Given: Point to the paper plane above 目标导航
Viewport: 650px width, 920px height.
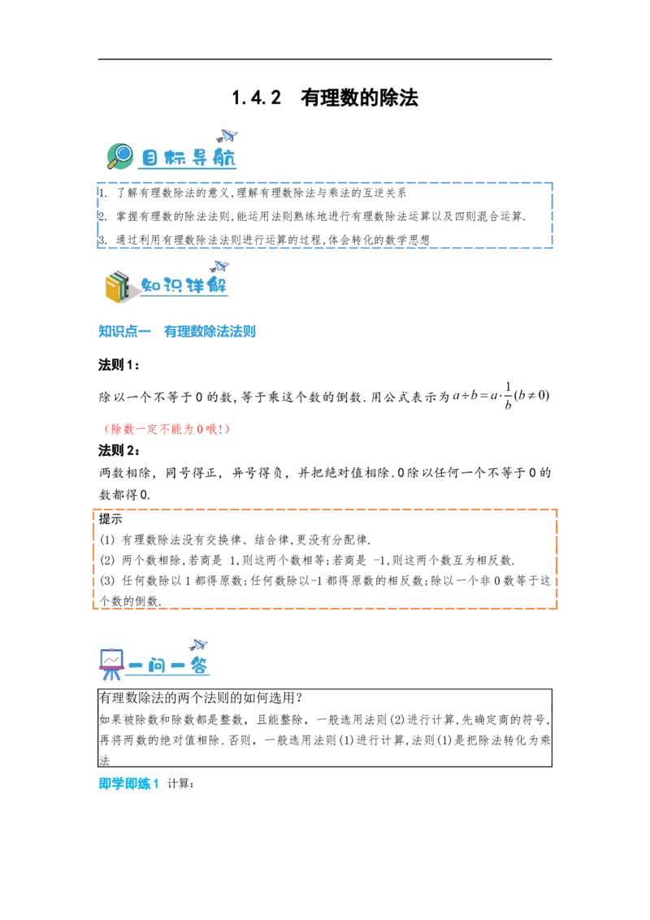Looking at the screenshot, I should [x=227, y=136].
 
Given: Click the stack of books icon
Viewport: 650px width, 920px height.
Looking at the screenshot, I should [x=119, y=286].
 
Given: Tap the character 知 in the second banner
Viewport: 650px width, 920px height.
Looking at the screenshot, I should [x=151, y=286].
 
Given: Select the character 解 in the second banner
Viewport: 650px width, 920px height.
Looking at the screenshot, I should [x=219, y=286].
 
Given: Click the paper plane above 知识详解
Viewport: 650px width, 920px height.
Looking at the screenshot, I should [x=219, y=266].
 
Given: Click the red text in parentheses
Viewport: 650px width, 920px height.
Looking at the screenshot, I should [x=168, y=428].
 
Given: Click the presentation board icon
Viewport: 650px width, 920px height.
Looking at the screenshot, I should [x=110, y=662].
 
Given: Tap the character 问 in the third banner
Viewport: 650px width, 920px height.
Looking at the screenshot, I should [x=166, y=666].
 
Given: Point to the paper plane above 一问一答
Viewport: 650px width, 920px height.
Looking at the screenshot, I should [x=198, y=645].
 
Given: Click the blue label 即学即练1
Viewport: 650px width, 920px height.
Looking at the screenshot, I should [x=128, y=784].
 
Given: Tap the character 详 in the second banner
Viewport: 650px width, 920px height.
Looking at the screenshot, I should [x=197, y=286].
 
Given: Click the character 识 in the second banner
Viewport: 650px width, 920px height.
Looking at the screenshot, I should [x=174, y=286].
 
